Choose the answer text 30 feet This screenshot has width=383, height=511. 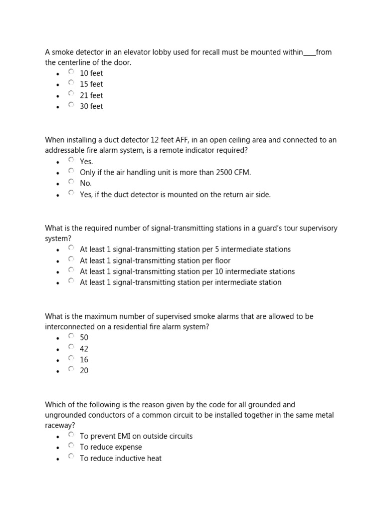[x=91, y=106]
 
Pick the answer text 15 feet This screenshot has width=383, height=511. [x=91, y=84]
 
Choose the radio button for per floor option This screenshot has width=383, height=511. [x=71, y=259]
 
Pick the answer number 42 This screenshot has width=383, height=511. [x=84, y=349]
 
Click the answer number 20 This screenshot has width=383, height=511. [x=84, y=371]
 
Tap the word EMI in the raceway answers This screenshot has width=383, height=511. [x=128, y=436]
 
